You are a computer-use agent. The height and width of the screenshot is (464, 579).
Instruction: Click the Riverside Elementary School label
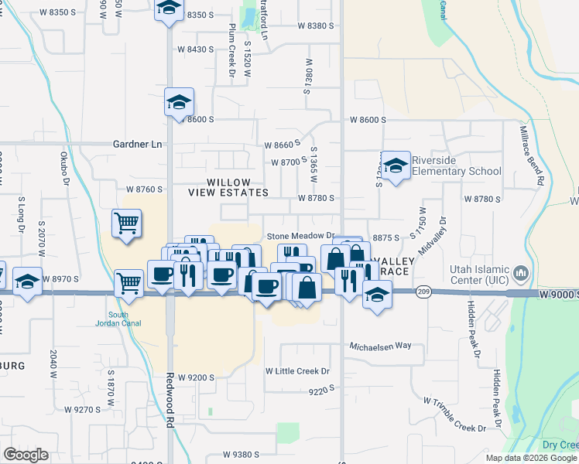pos(455,165)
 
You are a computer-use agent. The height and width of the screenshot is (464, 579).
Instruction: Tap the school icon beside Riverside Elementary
pos(396,165)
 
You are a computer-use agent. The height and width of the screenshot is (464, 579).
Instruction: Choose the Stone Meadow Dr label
pos(300,236)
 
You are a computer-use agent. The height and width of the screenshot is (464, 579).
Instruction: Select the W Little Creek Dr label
pos(297,371)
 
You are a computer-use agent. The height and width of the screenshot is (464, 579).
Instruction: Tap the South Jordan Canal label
pos(118,319)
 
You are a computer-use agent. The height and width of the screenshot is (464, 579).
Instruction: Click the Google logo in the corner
pos(26,455)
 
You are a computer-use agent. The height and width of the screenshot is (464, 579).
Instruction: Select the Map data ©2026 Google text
pos(531,458)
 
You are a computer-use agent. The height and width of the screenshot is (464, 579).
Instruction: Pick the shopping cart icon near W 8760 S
pos(126,223)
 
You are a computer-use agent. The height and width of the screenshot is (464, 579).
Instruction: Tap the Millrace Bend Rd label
pos(531,155)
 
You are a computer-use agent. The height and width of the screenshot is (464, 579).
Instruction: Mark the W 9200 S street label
pos(196,377)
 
